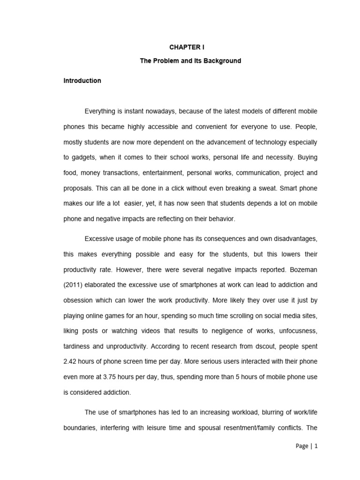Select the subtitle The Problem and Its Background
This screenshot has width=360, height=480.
[190, 61]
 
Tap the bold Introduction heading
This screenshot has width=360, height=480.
[82, 81]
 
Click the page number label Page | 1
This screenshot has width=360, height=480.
[307, 446]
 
